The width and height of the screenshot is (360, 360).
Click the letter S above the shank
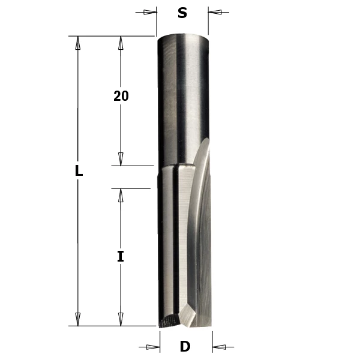pyautogui.click(x=182, y=13)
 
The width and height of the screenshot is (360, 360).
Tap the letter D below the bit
pyautogui.click(x=185, y=346)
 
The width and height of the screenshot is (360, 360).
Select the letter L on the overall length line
pyautogui.click(x=78, y=171)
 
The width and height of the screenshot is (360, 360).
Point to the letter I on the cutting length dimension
pyautogui.click(x=121, y=257)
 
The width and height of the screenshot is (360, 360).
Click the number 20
pyautogui.click(x=121, y=96)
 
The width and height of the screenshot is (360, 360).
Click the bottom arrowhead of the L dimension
pyautogui.click(x=77, y=319)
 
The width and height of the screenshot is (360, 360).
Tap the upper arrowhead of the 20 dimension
pyautogui.click(x=121, y=43)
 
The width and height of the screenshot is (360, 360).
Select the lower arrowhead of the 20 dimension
pyautogui.click(x=121, y=158)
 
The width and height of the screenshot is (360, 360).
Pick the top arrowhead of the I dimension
pyautogui.click(x=121, y=196)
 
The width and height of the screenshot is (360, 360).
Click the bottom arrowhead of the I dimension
pyautogui.click(x=121, y=319)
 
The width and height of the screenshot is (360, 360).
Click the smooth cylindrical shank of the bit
pyautogui.click(x=182, y=102)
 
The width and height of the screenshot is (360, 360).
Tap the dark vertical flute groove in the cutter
pyautogui.click(x=175, y=240)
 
